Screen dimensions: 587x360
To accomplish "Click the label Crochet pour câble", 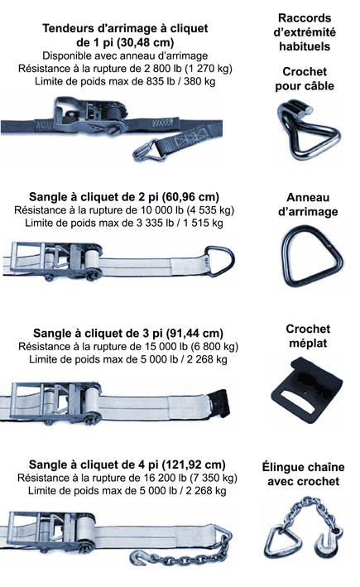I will (x=304, y=79).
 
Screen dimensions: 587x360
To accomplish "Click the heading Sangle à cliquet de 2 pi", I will (x=123, y=197).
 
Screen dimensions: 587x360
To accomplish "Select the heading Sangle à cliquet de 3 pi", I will (x=123, y=331).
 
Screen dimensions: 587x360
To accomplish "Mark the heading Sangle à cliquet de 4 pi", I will (x=127, y=464).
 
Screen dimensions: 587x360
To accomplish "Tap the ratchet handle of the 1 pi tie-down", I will (x=79, y=111).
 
